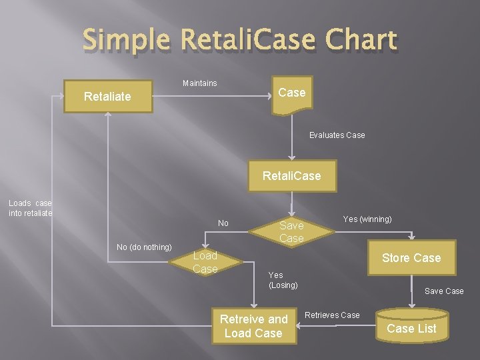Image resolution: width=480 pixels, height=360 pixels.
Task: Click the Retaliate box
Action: coord(107,97)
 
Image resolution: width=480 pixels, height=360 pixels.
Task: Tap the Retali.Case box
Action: coord(291,176)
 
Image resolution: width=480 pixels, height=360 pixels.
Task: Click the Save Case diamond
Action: coord(291,232)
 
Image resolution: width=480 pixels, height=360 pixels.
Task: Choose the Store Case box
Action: coord(411,258)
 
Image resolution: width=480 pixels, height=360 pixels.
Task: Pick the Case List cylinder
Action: coord(411,326)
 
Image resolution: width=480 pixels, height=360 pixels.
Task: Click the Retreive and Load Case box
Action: coord(253,326)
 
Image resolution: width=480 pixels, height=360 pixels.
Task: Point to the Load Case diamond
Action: coord(205,263)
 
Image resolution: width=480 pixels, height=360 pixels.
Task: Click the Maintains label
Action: coord(199,83)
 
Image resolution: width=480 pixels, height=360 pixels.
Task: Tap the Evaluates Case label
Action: coord(337,135)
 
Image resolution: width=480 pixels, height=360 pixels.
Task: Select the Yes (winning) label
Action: coord(367,219)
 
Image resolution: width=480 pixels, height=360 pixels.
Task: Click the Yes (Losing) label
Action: coord(283,280)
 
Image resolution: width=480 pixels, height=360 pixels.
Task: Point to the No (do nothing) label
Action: coord(144,247)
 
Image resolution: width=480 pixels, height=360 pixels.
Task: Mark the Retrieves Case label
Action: coord(332,315)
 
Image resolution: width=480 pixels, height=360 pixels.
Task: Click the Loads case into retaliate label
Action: coord(30,208)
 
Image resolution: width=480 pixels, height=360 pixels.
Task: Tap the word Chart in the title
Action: coord(363,41)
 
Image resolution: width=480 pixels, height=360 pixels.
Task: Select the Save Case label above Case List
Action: coord(444,291)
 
